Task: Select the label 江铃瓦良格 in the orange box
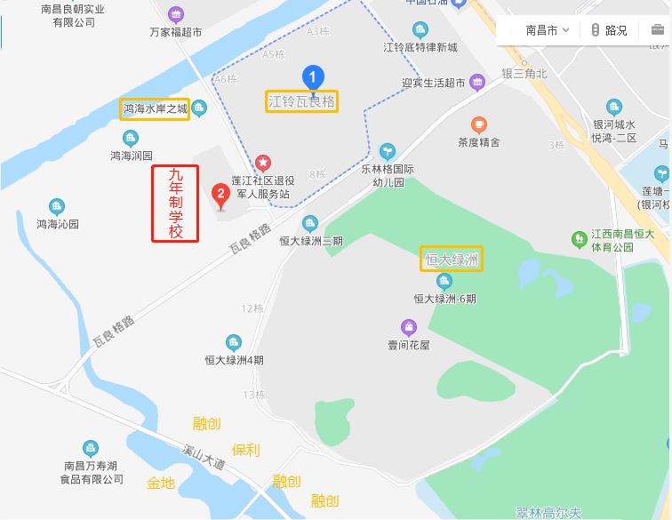coord(302,101)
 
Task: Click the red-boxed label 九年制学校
coord(175,204)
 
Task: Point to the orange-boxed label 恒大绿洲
coord(452,260)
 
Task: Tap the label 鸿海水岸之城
coord(156,109)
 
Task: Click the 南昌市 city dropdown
coord(547,30)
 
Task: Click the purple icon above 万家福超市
coord(176,14)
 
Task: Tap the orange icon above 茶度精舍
coord(479,124)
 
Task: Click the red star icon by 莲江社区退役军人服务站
coord(262,162)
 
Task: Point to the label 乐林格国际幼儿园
coord(387,174)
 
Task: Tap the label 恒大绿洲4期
coord(234,360)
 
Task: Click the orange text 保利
coord(246,450)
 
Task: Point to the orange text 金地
coord(161,484)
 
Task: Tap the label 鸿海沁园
coord(58,224)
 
